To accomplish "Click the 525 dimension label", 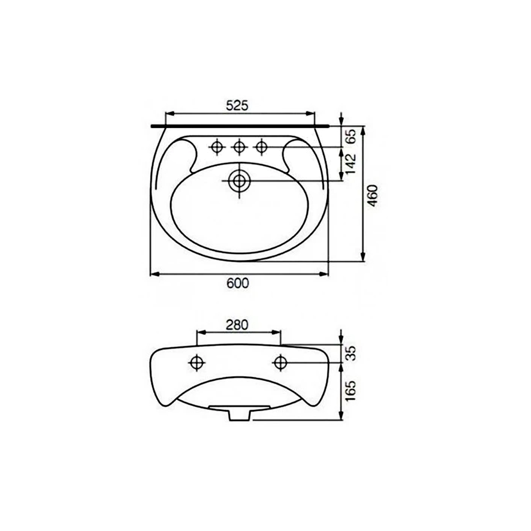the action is (x=237, y=106).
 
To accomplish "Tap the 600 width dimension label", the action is (x=237, y=283).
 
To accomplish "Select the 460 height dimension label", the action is (x=373, y=195).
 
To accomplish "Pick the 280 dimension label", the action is (x=237, y=325).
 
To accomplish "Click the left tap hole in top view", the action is (x=217, y=147).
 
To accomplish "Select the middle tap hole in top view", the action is (x=239, y=147).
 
